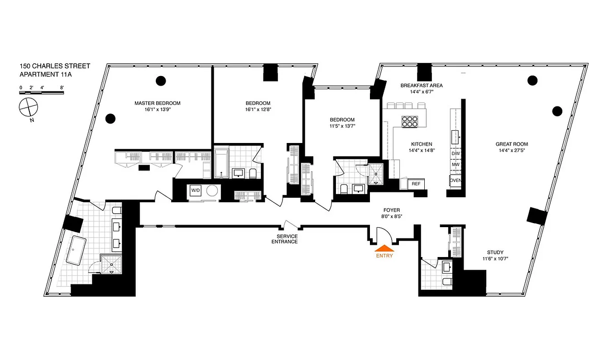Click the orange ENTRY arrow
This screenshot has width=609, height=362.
384,248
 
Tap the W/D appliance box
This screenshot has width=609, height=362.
195,191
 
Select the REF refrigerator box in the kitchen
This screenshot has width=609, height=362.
415,184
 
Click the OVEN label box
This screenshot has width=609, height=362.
455,180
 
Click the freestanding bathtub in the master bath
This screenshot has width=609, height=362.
77,250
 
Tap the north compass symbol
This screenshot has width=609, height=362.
28,109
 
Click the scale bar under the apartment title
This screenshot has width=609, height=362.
41,93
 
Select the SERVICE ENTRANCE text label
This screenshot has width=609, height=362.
284,239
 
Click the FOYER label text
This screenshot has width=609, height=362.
392,210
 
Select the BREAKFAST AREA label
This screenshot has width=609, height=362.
422,85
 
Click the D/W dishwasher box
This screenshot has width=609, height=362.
455,154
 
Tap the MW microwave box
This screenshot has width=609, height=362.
455,165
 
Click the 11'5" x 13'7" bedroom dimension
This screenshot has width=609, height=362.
342,126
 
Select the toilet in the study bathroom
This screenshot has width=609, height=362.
446,283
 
